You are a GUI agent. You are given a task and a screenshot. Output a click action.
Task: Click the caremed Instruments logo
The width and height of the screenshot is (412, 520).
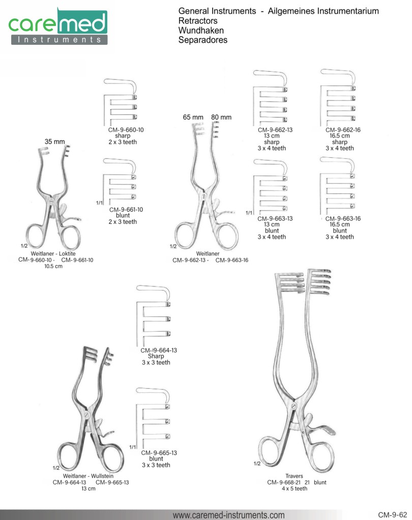57,26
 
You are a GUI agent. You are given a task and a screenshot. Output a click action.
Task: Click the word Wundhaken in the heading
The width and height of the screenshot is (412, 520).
201,31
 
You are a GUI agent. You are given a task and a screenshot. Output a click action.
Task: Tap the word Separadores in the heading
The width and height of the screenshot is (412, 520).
203,40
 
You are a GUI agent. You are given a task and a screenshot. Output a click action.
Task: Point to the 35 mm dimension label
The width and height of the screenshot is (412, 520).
55,141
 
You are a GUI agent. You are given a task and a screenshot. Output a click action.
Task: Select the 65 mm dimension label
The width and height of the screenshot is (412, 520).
193,117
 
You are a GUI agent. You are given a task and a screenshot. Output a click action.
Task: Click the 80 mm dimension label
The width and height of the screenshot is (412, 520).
221,117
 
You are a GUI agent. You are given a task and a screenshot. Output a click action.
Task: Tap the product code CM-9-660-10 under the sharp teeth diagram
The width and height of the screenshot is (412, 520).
126,130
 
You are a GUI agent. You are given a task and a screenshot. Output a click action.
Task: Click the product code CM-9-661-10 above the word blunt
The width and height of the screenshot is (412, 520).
126,210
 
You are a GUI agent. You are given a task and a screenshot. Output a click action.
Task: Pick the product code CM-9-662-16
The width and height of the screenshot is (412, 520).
343,130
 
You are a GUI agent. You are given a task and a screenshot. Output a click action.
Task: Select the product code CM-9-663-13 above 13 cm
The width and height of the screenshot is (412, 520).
275,219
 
